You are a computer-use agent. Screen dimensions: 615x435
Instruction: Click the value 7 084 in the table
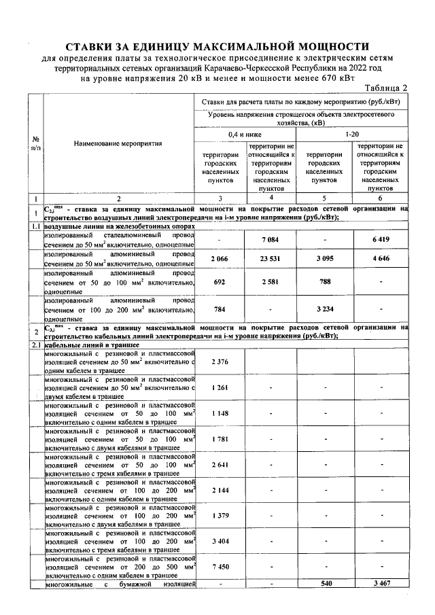click(x=271, y=239)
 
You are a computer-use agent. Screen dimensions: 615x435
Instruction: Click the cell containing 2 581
click(x=271, y=281)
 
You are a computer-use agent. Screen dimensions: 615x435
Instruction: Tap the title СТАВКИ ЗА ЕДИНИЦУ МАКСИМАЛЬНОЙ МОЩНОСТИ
click(x=217, y=47)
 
